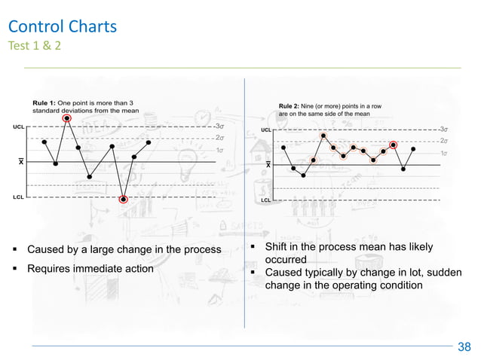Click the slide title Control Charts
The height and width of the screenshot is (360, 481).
pyautogui.click(x=62, y=28)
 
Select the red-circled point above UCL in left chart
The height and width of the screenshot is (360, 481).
pyautogui.click(x=68, y=118)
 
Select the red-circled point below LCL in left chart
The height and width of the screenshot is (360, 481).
pyautogui.click(x=124, y=199)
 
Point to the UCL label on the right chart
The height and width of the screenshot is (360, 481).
pyautogui.click(x=265, y=130)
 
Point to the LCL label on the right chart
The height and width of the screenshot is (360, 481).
pyautogui.click(x=265, y=200)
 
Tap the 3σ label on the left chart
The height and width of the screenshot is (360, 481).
pyautogui.click(x=219, y=127)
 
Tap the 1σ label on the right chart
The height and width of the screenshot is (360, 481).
pyautogui.click(x=444, y=153)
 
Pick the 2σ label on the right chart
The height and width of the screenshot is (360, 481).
pyautogui.click(x=444, y=141)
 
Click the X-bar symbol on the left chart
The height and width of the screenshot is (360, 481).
pyautogui.click(x=21, y=162)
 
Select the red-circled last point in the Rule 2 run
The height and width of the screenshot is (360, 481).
pyautogui.click(x=393, y=145)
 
